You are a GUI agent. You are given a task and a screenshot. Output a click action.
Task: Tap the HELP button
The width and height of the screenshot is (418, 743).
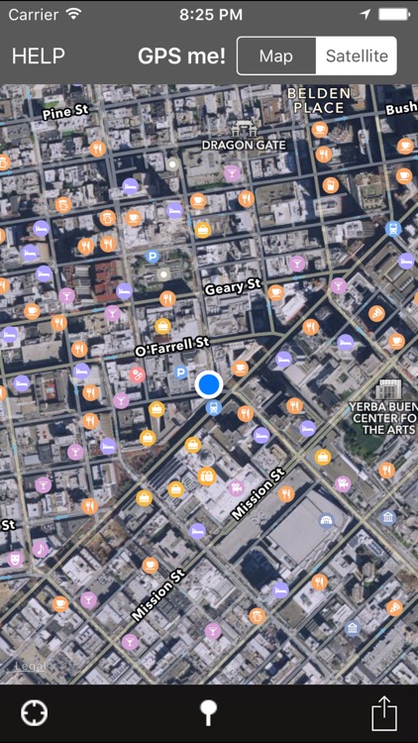point(39,56)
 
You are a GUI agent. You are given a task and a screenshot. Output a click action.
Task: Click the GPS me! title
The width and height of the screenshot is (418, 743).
point(181,56)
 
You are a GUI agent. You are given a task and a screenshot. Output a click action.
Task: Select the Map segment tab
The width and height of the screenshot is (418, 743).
point(276,56)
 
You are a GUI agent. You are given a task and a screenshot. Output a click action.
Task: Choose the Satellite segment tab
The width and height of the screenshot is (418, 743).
point(357,56)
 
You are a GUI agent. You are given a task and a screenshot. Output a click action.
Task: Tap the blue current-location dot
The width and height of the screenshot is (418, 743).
point(209,384)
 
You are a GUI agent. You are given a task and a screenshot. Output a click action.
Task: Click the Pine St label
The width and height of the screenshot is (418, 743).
point(66,112)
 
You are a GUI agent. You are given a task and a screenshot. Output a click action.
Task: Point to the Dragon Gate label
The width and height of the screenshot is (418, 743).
point(244,145)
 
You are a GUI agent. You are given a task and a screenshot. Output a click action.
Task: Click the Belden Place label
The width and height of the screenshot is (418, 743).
point(317,100)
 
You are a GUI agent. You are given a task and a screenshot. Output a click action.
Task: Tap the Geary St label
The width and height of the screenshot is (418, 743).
point(232,288)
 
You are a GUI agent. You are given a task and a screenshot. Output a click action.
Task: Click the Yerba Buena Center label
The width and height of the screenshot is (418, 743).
point(383,418)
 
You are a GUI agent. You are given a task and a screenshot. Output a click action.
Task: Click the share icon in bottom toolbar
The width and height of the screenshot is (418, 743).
point(384,713)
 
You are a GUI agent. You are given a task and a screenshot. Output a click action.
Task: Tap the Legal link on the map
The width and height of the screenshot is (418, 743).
point(30,666)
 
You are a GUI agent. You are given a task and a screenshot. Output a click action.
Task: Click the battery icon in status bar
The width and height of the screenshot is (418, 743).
point(394,15)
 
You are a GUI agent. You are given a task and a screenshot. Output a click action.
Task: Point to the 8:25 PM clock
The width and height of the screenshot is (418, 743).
point(209,15)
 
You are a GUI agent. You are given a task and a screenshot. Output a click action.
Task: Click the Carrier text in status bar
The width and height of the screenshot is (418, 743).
point(33,15)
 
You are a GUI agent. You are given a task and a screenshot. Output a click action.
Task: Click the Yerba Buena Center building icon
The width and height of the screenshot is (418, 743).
point(387,389)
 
